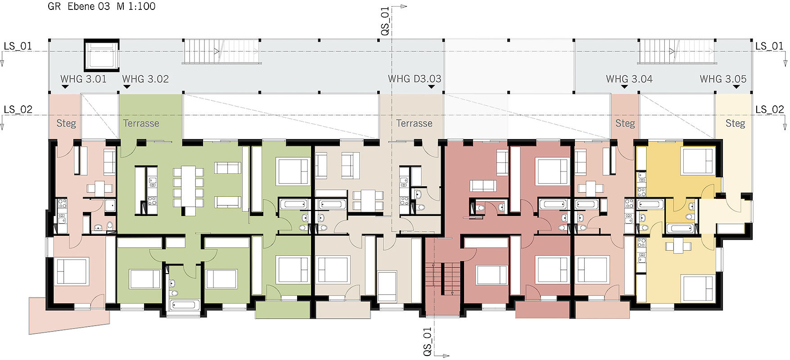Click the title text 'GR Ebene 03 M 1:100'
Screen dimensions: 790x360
tap(101, 6)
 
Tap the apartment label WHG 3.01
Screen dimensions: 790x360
tap(84, 79)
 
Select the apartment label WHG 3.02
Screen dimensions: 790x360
tap(145, 79)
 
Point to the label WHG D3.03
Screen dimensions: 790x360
tap(415, 79)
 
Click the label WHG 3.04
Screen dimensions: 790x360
tap(629, 79)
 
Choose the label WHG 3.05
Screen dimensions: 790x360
tap(723, 79)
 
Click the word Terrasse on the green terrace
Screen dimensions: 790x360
tap(141, 123)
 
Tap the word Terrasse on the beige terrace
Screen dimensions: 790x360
tap(414, 123)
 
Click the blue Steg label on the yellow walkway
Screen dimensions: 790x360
tap(735, 123)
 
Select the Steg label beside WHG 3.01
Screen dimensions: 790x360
tap(66, 123)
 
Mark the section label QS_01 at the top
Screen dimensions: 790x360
tap(385, 21)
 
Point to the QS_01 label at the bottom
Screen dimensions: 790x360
tap(427, 341)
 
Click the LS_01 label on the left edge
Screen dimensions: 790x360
tap(18, 46)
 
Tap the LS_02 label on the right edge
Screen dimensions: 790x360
tap(770, 109)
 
